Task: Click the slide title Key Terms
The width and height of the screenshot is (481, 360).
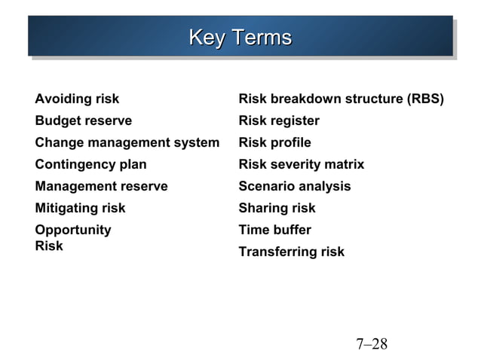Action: point(240,37)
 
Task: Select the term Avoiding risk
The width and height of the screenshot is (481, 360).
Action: point(77,99)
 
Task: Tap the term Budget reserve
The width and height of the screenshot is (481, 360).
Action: point(83,121)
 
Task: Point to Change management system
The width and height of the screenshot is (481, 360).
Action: point(127,142)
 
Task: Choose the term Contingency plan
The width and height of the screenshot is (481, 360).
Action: point(90,164)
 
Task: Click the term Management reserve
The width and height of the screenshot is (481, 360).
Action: point(101,186)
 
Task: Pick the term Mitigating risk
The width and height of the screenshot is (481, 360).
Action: point(80,208)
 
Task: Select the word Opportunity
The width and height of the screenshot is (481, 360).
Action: point(72,230)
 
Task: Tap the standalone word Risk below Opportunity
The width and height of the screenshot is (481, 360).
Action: point(49,246)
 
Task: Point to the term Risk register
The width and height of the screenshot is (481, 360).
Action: point(278,121)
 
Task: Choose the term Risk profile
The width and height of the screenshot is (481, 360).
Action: point(274,142)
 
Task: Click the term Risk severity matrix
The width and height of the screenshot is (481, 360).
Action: point(301,164)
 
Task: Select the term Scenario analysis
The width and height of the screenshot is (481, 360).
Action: point(294,186)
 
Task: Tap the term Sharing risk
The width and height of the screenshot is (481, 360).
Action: point(277,208)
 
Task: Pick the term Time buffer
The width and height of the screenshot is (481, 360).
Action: point(274,230)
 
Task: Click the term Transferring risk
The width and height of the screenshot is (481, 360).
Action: point(291,252)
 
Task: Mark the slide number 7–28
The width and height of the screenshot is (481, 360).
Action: point(371,344)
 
